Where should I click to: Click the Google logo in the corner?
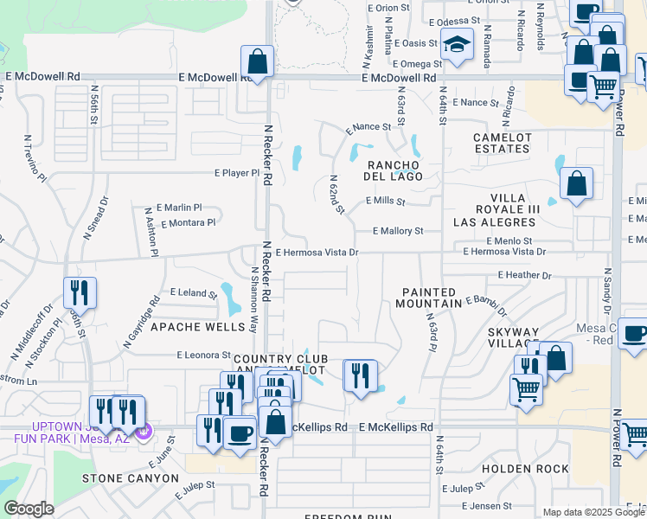[28, 509]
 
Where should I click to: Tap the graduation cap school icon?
[457, 44]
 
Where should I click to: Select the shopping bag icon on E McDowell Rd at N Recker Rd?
[257, 61]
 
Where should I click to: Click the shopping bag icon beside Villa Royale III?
[575, 183]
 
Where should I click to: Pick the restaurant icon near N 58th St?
[80, 292]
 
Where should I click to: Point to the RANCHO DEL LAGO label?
[394, 170]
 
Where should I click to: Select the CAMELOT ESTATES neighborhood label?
[501, 144]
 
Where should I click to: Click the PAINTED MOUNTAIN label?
[428, 298]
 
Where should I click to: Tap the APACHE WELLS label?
[192, 327]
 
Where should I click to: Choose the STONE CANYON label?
[123, 477]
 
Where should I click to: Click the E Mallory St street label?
[398, 231]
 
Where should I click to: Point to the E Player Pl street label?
[237, 173]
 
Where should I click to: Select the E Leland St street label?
[194, 294]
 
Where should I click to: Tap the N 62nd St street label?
[336, 195]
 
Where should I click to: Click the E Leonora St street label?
[205, 355]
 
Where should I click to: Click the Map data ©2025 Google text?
[593, 512]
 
